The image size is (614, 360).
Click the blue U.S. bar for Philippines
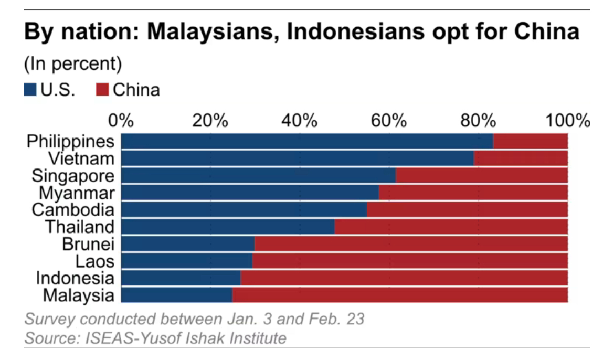[307, 142]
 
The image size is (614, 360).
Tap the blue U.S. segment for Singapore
[258, 176]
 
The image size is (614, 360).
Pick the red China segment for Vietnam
[521, 158]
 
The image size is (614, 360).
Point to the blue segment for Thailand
[228, 227]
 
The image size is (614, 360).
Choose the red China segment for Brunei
[411, 244]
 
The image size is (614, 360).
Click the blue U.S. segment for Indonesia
[181, 278]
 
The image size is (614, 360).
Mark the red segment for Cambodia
[467, 210]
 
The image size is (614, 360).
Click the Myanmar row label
[77, 193]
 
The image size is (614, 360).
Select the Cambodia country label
[73, 210]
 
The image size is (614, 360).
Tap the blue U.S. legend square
[30, 90]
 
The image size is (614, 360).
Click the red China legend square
[102, 90]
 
